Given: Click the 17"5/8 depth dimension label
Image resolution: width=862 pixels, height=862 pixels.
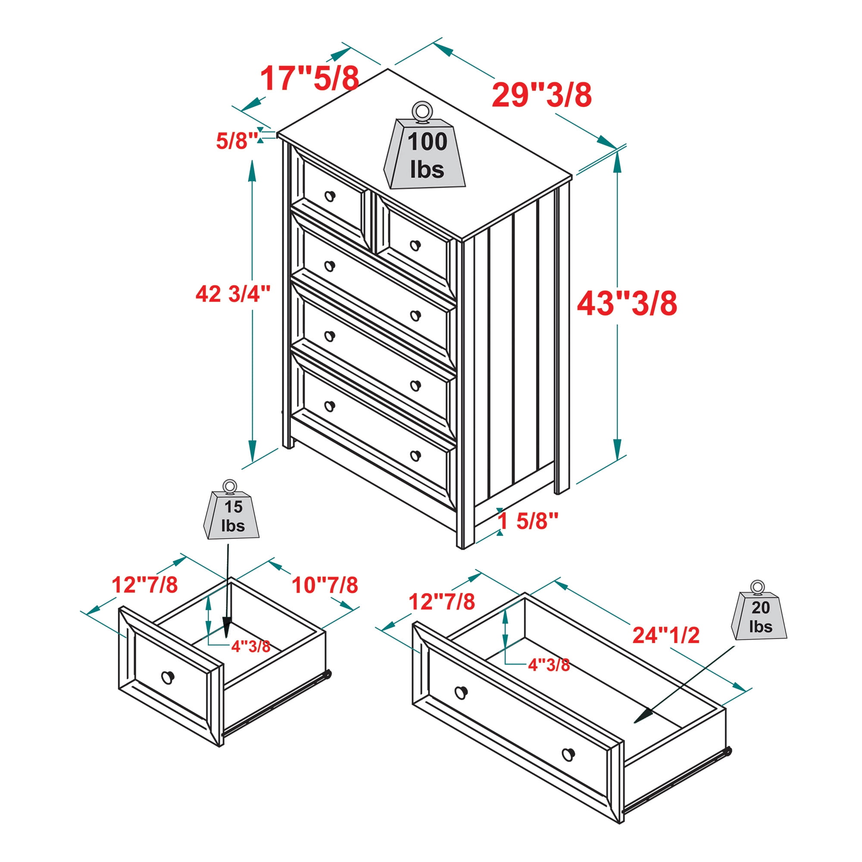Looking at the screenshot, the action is pos(309,78).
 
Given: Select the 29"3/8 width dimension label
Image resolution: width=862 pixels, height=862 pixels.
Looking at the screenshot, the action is pos(542,94).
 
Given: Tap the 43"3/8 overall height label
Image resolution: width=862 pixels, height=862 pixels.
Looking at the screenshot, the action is pos(627,303).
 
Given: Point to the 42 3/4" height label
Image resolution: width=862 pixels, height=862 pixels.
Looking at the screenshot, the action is pos(233,294).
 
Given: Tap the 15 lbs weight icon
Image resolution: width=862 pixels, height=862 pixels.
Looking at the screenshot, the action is pos(231,509).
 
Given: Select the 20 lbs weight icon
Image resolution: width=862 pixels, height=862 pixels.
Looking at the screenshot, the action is pos(759,611).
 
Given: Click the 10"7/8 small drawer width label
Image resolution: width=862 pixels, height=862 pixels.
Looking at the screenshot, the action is pos(325,585).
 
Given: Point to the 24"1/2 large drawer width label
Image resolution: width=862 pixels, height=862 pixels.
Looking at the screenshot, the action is pos(666,635).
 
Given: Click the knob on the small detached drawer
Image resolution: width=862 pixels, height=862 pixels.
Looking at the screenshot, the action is pos(167,677).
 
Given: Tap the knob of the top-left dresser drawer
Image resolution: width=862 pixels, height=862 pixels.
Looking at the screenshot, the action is pos(330,196).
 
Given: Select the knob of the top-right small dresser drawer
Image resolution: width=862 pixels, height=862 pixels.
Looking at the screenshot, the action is pos(415,245).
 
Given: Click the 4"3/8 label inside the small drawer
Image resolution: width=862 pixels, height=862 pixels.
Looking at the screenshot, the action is pos(251,646).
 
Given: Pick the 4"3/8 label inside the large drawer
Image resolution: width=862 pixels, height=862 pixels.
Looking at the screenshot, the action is pos(549,665).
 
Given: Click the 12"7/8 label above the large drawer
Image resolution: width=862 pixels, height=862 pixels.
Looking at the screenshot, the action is pos(442,601).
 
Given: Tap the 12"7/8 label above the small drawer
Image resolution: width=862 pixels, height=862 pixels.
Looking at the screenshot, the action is pos(144,584).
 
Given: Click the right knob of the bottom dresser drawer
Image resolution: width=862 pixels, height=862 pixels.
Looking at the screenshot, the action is pos(415,456).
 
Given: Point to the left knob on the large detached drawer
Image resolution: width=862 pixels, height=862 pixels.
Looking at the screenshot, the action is pos(461,693).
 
